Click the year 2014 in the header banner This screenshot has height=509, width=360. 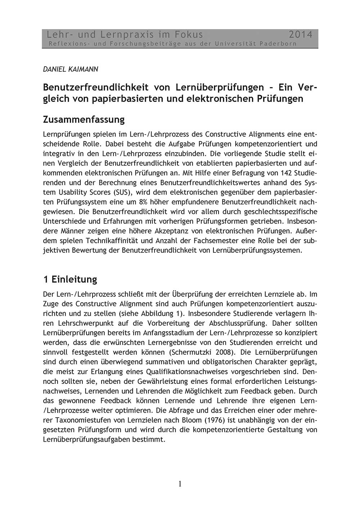301,35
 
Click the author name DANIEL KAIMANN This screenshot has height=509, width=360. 71,69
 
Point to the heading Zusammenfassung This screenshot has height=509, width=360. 84,119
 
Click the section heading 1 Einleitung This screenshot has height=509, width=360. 70,279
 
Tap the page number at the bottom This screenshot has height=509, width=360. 180,484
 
